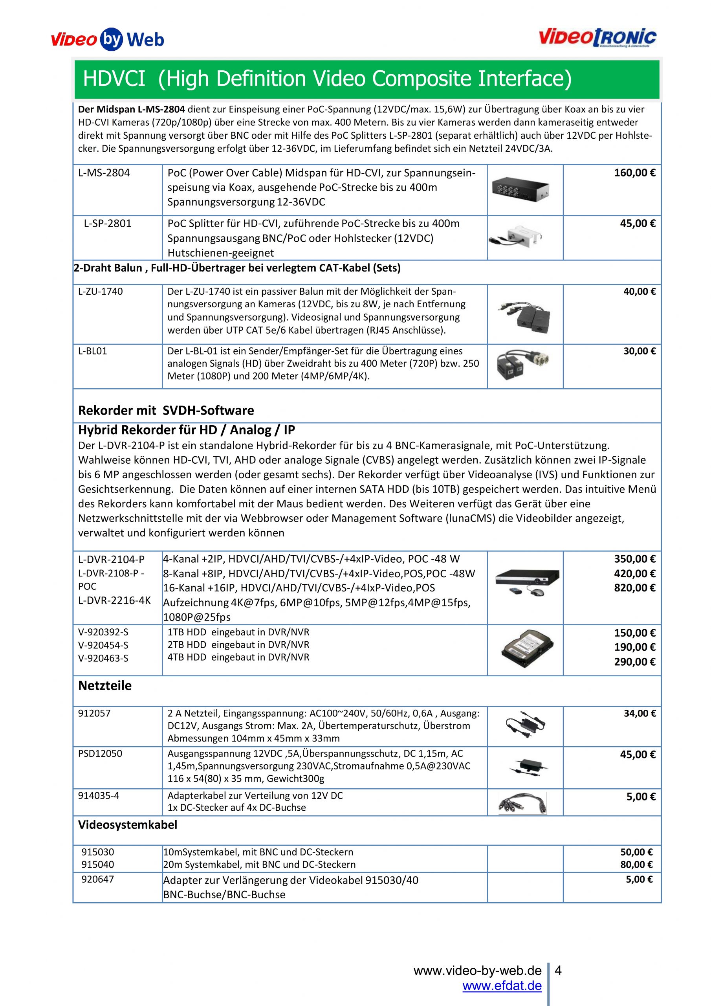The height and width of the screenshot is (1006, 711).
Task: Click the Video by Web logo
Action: pos(107,40)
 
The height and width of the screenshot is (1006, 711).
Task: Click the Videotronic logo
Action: pos(597,38)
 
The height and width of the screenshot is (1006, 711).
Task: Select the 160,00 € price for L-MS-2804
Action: pos(634,173)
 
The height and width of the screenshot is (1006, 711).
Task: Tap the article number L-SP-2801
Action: pos(108,224)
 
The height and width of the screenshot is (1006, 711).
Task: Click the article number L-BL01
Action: pos(92,351)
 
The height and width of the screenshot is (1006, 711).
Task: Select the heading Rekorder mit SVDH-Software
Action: pos(166,411)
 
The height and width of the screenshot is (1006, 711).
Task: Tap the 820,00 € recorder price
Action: pos(634,588)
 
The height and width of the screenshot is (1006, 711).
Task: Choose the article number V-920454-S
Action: pos(103,645)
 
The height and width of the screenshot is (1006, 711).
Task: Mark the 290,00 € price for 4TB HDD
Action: pos(634,662)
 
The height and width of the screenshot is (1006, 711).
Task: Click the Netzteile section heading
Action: pos(105,686)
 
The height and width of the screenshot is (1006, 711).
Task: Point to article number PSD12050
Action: pos(100,754)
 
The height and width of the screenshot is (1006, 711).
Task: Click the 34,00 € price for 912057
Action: pos(640,714)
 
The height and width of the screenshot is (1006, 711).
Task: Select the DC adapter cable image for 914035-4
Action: pos(522,803)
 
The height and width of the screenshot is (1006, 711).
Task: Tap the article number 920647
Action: pos(97,879)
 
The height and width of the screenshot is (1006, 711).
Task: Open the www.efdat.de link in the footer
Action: pos(502,986)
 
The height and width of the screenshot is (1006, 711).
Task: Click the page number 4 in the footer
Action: pos(558,971)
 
